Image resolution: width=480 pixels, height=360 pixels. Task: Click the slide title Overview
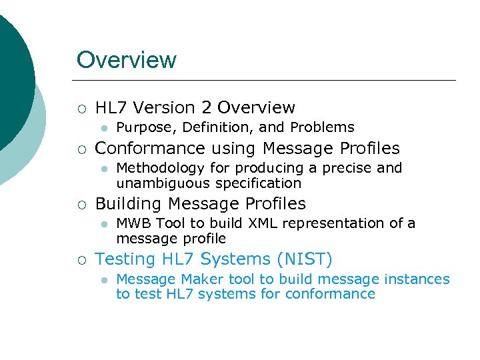click(127, 60)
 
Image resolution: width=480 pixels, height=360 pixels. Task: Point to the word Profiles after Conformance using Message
click(365, 148)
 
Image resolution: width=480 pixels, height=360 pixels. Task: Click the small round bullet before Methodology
click(104, 169)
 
